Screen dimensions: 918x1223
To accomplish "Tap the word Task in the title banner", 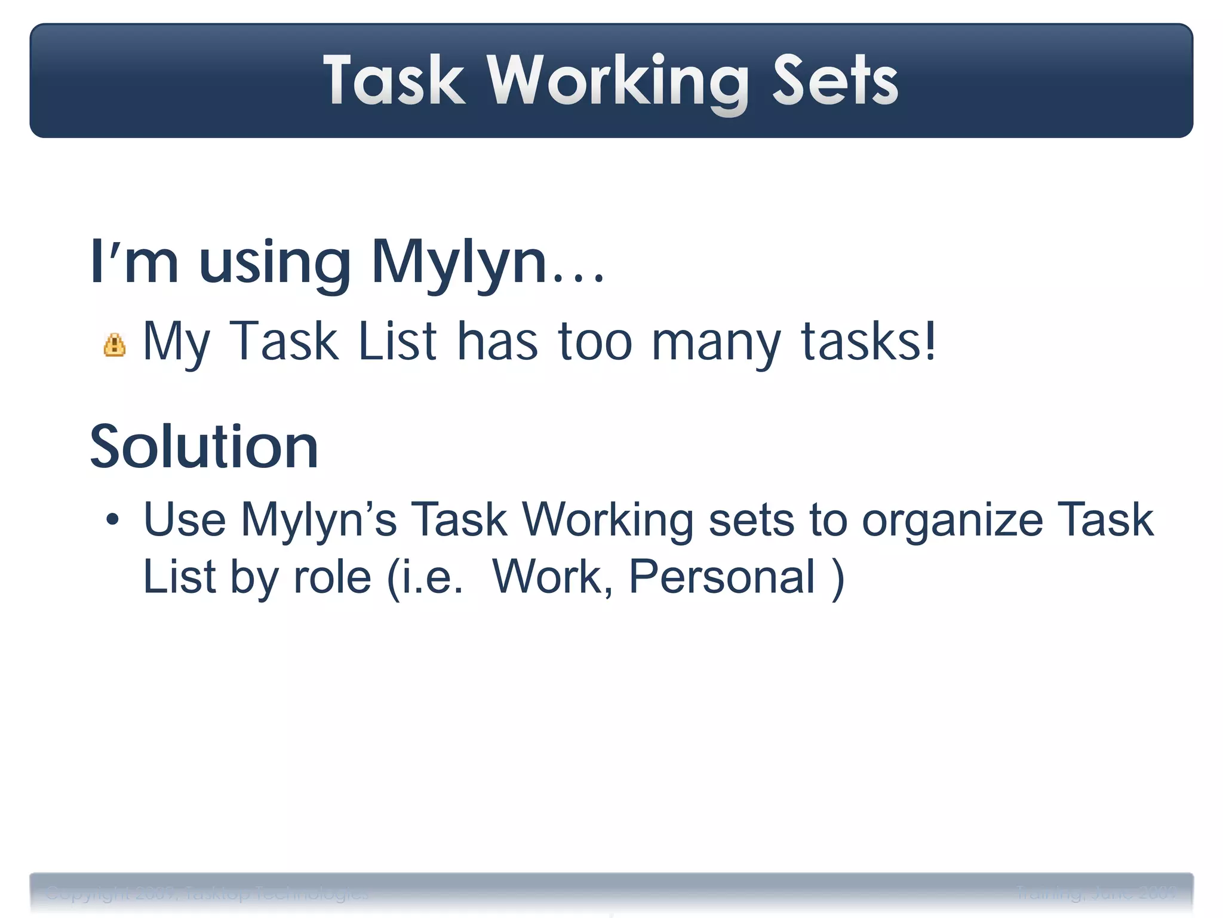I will point(394,81).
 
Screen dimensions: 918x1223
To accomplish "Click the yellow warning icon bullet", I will point(115,345).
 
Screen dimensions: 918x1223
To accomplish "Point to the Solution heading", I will point(204,446).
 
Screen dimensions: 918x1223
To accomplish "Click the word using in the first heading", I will point(275,263).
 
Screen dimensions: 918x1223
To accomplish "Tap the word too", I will point(595,342).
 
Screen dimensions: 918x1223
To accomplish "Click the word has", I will point(497,342).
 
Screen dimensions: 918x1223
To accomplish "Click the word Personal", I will point(722,577).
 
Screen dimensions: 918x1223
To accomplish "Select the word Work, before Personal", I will point(553,577).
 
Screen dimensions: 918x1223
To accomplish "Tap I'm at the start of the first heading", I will point(134,263).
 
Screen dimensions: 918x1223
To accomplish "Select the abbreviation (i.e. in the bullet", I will point(425,577).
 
